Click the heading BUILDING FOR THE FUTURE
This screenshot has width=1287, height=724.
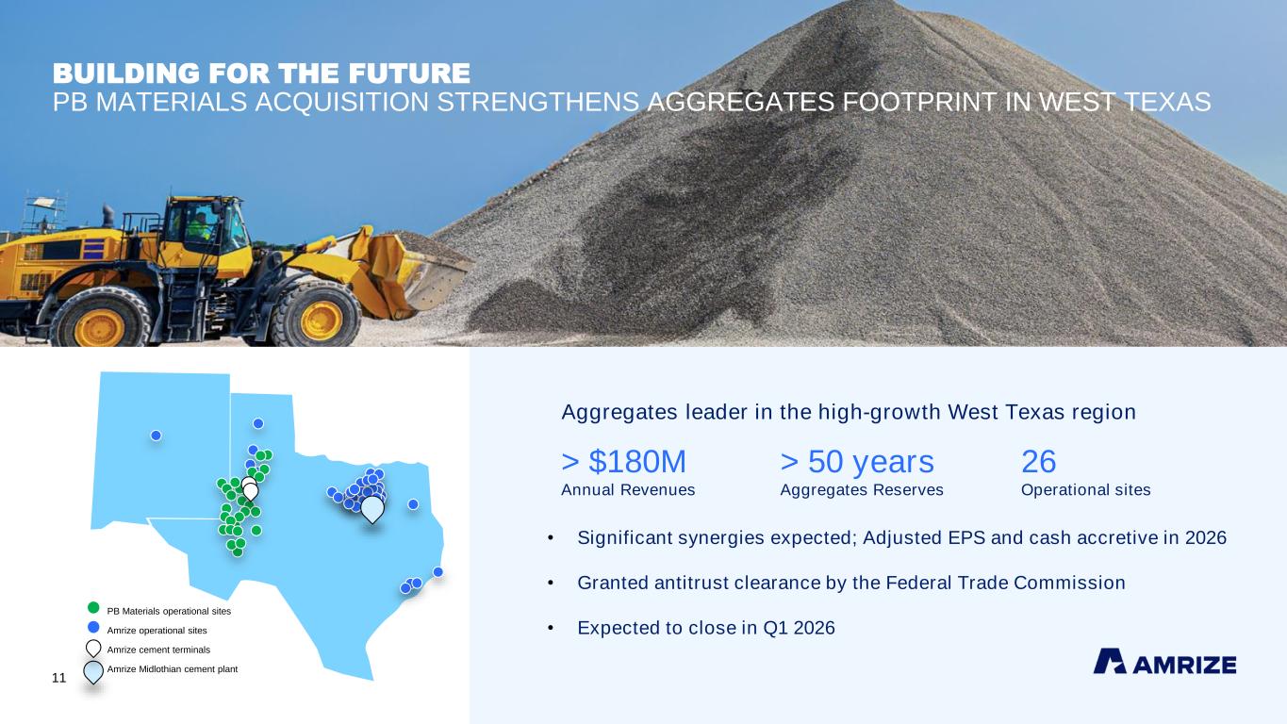(261, 74)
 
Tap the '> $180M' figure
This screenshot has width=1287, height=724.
(623, 461)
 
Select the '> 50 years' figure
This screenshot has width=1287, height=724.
(857, 461)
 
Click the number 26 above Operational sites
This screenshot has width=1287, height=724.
(1039, 461)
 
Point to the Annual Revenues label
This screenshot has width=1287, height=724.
(628, 490)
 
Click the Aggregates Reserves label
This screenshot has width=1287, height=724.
(862, 490)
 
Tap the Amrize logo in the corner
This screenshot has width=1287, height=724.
(1164, 661)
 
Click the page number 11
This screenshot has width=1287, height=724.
(58, 678)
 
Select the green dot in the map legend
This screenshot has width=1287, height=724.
(93, 607)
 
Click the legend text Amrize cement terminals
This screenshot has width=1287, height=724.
(158, 650)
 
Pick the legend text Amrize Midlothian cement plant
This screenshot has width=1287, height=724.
(173, 668)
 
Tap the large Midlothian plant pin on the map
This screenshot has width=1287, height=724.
(372, 509)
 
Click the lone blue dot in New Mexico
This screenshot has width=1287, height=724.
(156, 436)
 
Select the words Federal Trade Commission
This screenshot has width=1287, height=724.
(1005, 583)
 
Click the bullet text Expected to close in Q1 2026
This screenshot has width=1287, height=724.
(706, 628)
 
